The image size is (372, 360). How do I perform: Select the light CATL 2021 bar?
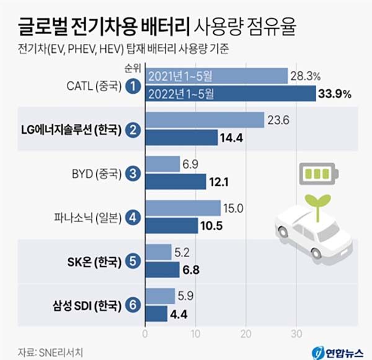[216, 76]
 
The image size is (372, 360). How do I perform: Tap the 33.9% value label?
[336, 94]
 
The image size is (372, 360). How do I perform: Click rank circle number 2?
[131, 129]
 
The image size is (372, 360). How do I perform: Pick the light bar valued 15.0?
[183, 208]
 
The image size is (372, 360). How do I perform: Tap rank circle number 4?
[131, 217]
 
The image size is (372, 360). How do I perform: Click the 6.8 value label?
[190, 270]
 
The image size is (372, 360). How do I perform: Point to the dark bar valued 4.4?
[156, 313]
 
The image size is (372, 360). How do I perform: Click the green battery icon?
[318, 174]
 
